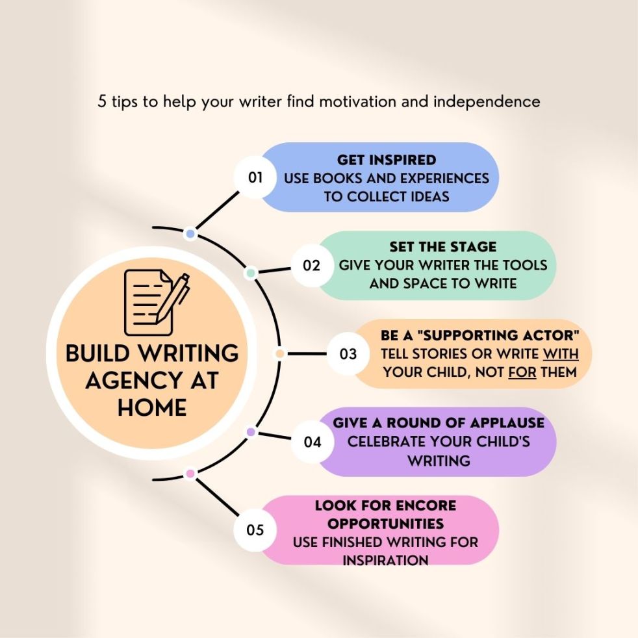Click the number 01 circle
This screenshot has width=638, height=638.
coord(255,177)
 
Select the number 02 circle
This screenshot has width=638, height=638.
coord(312,265)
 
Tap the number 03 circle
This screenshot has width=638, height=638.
coord(348,354)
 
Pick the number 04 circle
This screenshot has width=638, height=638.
coord(313,442)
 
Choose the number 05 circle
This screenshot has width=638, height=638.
coord(255,530)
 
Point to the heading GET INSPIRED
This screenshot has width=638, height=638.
coord(386,160)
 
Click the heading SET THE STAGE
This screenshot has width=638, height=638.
coord(443,247)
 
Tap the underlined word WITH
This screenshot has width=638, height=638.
coord(560,354)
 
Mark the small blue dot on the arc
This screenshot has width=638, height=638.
coord(190,233)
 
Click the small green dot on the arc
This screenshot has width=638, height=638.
coord(250,274)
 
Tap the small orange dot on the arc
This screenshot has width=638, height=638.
coord(280,354)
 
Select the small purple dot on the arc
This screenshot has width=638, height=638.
coord(251,432)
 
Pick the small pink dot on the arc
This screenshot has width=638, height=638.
coord(190,474)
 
